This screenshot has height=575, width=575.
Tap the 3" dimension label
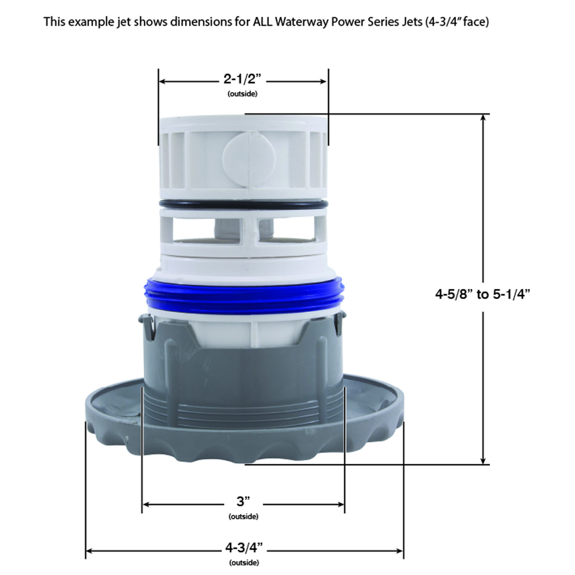click(x=243, y=501)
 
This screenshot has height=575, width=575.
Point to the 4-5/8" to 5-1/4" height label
click(x=483, y=295)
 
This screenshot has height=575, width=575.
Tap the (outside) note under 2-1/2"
click(x=242, y=94)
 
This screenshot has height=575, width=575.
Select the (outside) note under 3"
click(x=243, y=517)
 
